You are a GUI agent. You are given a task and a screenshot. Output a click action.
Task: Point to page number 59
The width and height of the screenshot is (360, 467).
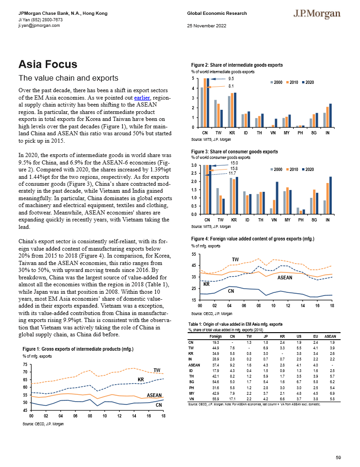pos(338,458)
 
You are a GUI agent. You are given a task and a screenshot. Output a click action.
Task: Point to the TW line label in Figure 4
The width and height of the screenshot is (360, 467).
pos(235,258)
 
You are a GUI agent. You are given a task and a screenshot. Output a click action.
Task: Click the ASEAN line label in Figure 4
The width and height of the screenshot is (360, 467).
pos(284,278)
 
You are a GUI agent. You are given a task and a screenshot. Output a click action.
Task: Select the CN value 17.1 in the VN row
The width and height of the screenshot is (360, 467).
pos(232,398)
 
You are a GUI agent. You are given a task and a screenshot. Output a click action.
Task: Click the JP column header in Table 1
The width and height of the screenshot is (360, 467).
pos(265,336)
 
